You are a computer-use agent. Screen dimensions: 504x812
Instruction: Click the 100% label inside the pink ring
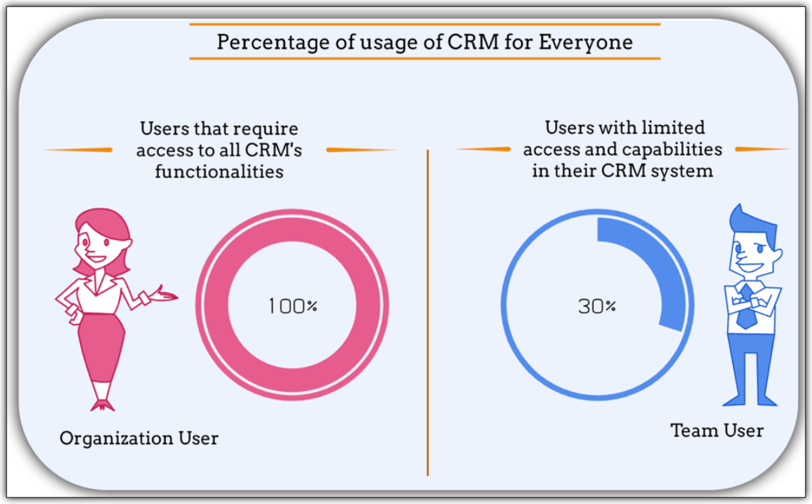tap(292, 306)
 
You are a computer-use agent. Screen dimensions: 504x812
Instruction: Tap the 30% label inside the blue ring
tap(596, 306)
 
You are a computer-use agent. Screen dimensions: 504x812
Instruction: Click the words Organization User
tap(139, 437)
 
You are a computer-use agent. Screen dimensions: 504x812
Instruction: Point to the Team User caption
tap(717, 431)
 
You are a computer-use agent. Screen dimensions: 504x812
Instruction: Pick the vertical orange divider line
tap(428, 314)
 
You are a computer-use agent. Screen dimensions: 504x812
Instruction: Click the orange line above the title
tap(424, 24)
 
